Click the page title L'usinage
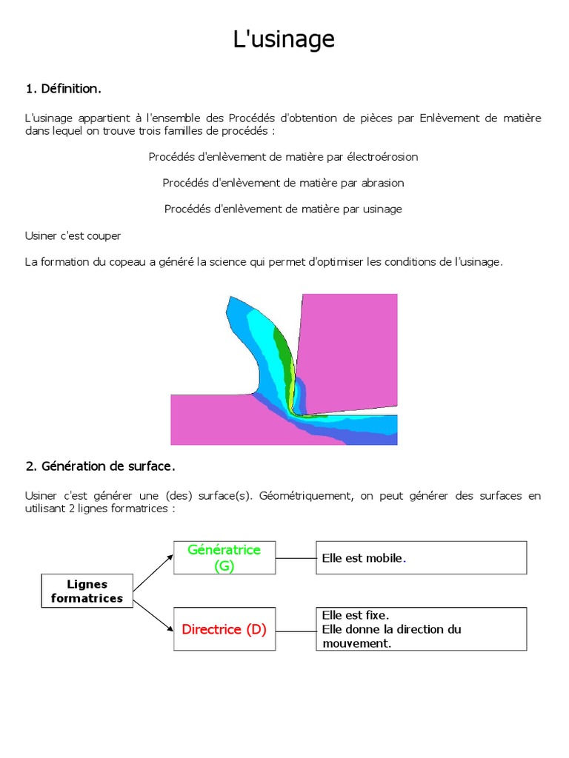coord(284,39)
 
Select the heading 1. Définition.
coord(63,89)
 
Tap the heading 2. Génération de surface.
coord(100,466)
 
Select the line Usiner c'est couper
coord(73,235)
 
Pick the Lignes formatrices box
coord(87,591)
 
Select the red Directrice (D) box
coord(224,630)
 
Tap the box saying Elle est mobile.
coord(422,557)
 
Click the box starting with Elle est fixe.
coord(422,629)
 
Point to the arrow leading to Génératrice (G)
coord(153,572)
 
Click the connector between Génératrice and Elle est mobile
coord(296,557)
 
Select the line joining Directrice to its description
coord(296,630)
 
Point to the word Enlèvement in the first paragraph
coord(447,118)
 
